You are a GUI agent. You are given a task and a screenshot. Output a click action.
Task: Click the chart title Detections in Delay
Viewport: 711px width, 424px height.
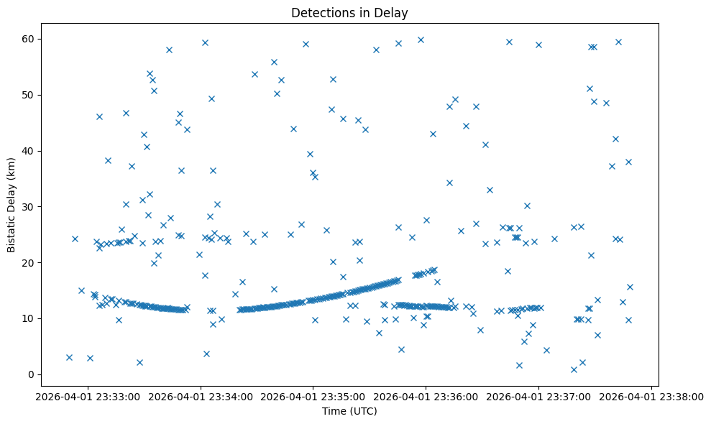click(x=349, y=13)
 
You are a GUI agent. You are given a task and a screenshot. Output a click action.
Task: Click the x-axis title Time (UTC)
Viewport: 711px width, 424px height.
click(x=349, y=411)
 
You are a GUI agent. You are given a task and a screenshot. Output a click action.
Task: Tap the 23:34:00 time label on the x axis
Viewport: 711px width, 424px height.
click(x=201, y=395)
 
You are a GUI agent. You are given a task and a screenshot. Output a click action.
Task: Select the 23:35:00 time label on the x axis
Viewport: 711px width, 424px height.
click(x=313, y=395)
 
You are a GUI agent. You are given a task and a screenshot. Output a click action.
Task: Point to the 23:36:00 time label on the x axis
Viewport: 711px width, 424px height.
click(x=426, y=395)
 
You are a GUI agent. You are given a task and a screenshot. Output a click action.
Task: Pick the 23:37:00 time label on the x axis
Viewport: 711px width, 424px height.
click(x=538, y=395)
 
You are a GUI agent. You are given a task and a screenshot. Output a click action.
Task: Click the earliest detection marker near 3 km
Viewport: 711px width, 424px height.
click(x=69, y=357)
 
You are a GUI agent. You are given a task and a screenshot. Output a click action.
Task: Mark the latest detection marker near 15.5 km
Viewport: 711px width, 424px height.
click(x=630, y=287)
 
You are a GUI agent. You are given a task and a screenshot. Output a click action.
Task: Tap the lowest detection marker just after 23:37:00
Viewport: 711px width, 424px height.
click(x=574, y=369)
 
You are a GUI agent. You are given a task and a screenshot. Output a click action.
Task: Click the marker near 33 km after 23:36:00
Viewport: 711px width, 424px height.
click(x=490, y=190)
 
